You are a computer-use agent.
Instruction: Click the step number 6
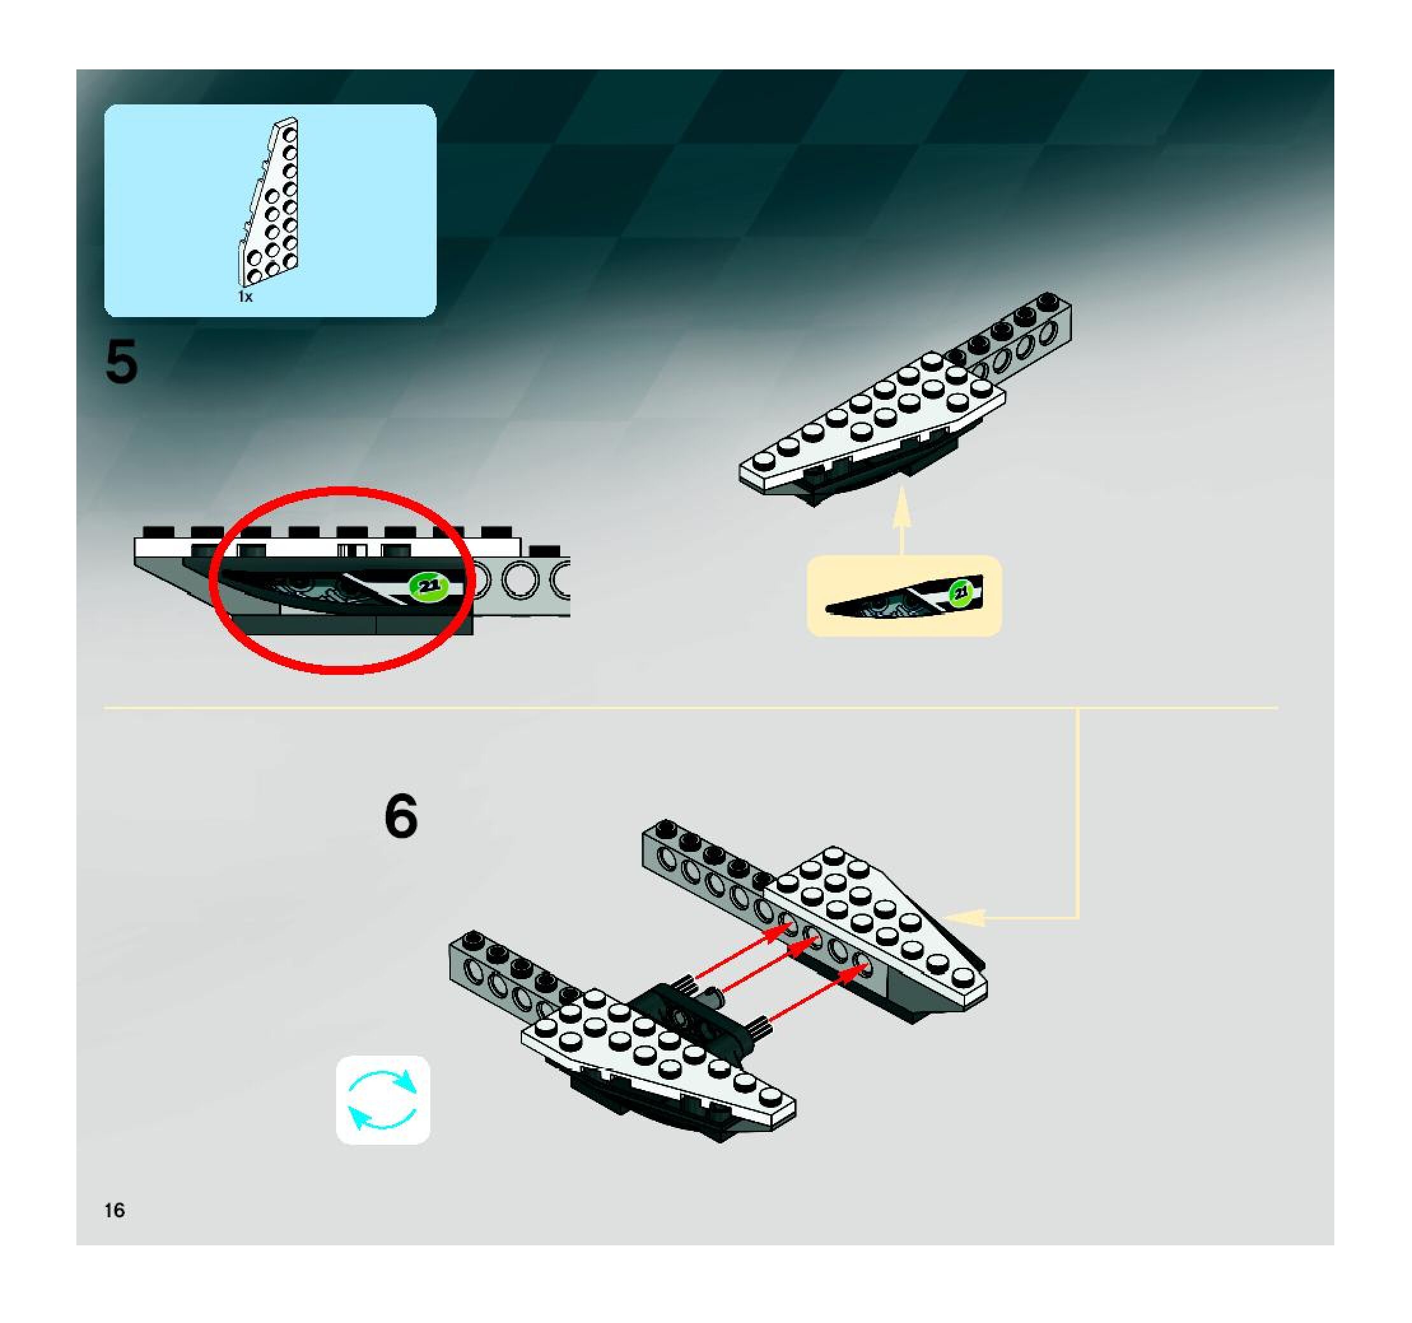400,816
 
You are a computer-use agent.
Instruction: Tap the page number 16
115,1210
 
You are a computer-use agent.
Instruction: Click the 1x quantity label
245,297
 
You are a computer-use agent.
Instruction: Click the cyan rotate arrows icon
383,1100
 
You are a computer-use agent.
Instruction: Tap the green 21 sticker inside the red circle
428,586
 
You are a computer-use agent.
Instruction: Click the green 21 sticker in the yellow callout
960,592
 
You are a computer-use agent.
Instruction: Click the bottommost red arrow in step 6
817,994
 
